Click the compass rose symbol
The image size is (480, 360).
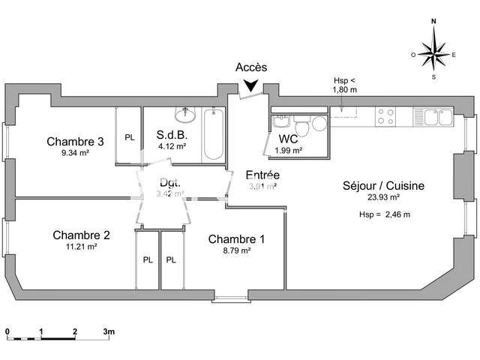point(433,54)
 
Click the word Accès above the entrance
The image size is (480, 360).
point(251,67)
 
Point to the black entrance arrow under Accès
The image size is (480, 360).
point(251,87)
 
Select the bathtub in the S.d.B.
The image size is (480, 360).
point(214,134)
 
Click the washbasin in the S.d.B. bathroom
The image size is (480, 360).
point(184,115)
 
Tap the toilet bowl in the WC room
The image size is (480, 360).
point(318,124)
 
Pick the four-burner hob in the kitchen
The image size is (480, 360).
point(385,116)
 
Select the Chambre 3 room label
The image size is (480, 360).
point(75,141)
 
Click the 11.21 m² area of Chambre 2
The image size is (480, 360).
point(82,246)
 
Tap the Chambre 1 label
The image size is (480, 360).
point(236,239)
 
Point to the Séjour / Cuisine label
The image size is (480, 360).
point(383,186)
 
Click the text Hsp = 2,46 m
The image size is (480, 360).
point(385,214)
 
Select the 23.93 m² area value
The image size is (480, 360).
point(383,198)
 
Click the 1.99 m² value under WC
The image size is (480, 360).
point(289,150)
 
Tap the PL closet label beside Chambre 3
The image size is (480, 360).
point(129,137)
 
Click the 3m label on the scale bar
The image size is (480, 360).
point(109,331)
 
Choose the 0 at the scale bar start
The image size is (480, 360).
point(7,331)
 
